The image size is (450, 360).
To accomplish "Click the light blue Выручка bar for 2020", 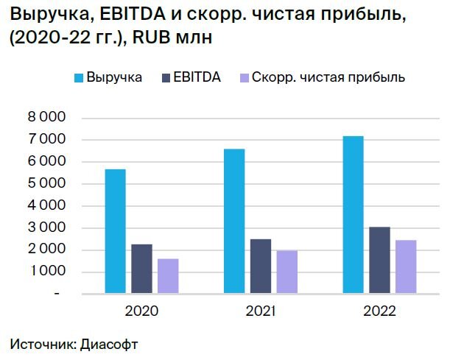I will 115,231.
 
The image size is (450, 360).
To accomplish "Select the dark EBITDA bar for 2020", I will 141,269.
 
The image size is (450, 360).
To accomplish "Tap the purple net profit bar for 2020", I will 167,276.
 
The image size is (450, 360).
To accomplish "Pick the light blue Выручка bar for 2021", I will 234,221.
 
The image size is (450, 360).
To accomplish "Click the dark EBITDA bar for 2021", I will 260,266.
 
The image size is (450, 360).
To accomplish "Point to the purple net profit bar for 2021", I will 286,272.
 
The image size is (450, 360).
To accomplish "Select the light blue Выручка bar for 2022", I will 353,214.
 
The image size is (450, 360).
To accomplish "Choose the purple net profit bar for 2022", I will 405,267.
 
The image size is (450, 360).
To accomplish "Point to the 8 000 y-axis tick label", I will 47,118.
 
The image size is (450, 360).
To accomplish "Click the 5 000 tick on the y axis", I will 47,184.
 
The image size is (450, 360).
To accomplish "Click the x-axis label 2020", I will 141,311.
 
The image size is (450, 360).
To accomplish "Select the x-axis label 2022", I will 379,311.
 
